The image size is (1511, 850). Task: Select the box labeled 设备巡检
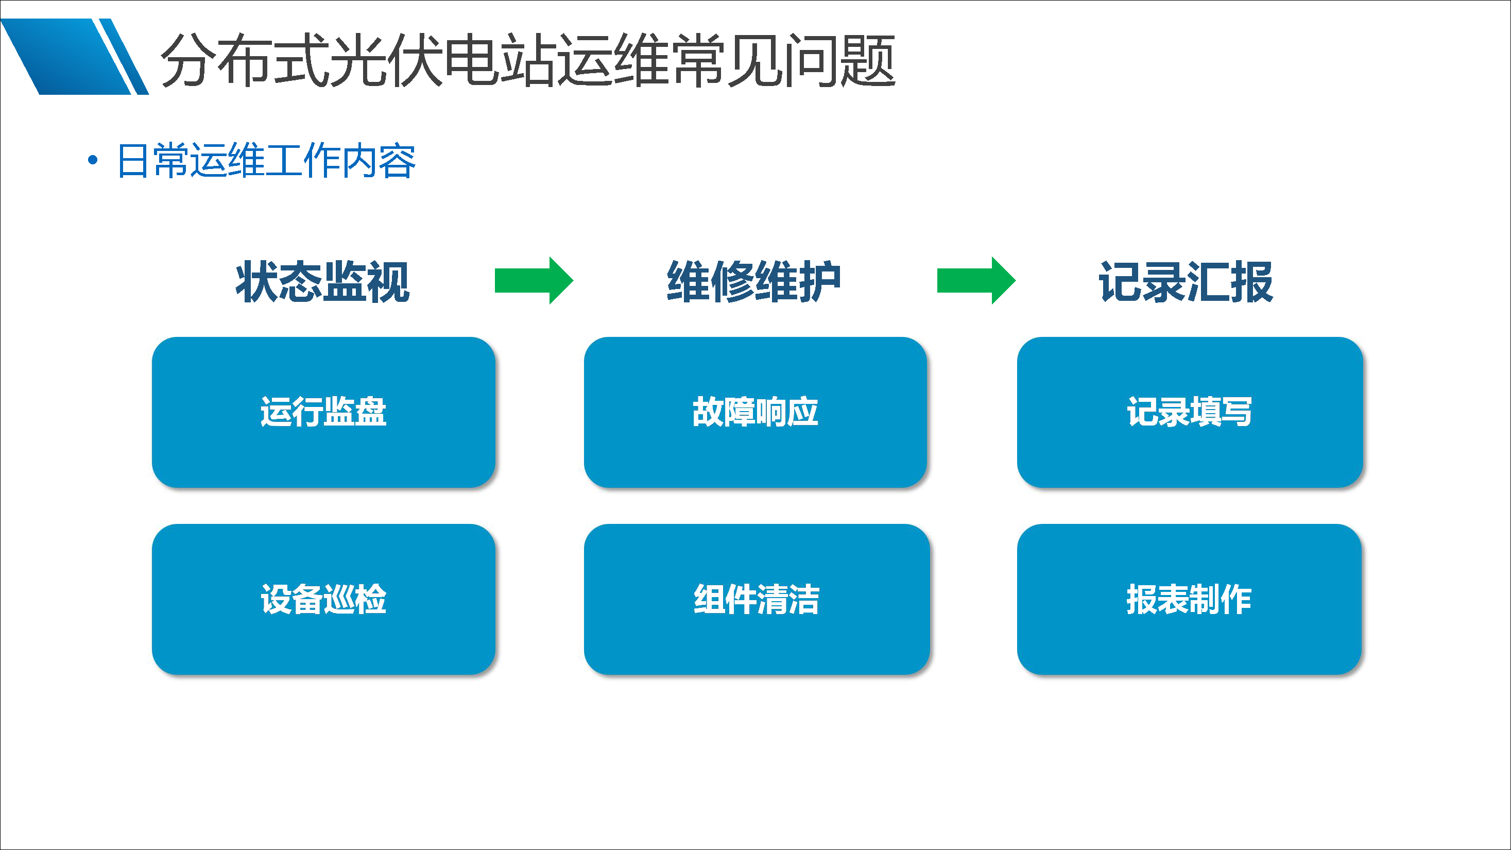(x=323, y=599)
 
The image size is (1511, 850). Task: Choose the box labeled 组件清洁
(x=756, y=599)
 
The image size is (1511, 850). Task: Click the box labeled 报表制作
(x=1189, y=599)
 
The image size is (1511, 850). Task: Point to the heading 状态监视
(x=322, y=282)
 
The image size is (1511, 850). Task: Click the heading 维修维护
(x=754, y=282)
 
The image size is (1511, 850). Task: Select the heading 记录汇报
(x=1186, y=282)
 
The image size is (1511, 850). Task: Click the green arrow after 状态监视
(x=533, y=280)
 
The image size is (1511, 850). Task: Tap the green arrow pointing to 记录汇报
(x=975, y=280)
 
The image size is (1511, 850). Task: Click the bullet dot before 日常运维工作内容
(x=92, y=160)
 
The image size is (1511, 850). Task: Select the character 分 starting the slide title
(x=187, y=60)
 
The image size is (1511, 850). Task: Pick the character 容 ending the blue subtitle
(x=398, y=160)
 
